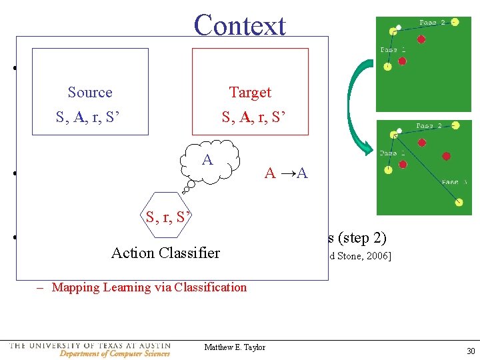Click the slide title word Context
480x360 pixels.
(x=239, y=25)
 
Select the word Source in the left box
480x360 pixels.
(x=90, y=93)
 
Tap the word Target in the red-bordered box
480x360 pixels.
(x=250, y=93)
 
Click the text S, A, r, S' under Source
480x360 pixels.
(x=89, y=118)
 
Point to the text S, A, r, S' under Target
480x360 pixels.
(x=254, y=118)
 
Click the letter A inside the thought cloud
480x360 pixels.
(x=207, y=160)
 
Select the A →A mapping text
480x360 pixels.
(x=286, y=174)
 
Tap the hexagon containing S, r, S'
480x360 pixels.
(x=167, y=217)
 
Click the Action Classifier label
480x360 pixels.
(x=165, y=253)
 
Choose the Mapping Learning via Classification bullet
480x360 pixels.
(x=149, y=287)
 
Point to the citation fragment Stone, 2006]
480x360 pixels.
(x=360, y=254)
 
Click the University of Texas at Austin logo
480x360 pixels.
(x=90, y=349)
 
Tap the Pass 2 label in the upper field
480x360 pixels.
(x=433, y=23)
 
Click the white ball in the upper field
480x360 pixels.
(x=399, y=28)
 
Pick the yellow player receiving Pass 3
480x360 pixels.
(x=459, y=203)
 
